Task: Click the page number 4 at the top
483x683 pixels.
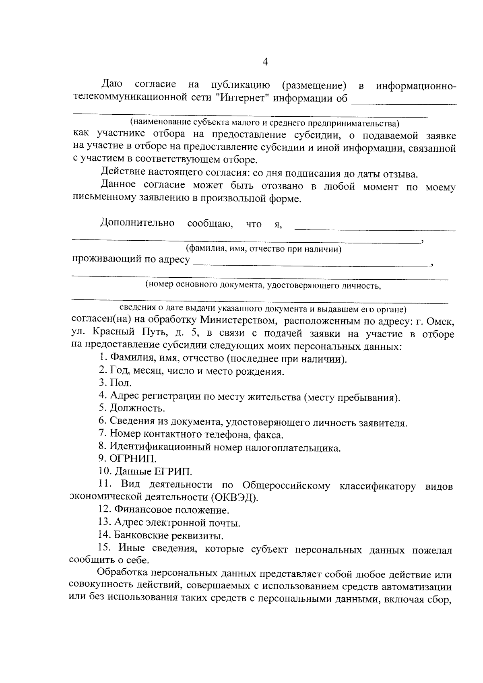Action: tap(265, 62)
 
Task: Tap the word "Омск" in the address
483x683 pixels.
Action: tap(441, 322)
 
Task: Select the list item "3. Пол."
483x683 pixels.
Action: tap(115, 383)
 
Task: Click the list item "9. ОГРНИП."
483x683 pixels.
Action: tap(128, 458)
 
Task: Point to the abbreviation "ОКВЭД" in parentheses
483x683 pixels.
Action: tap(234, 497)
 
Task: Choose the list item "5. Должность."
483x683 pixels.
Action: tap(132, 409)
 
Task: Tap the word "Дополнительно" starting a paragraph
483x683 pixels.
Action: tap(137, 223)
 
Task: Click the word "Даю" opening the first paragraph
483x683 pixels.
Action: tap(111, 84)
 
